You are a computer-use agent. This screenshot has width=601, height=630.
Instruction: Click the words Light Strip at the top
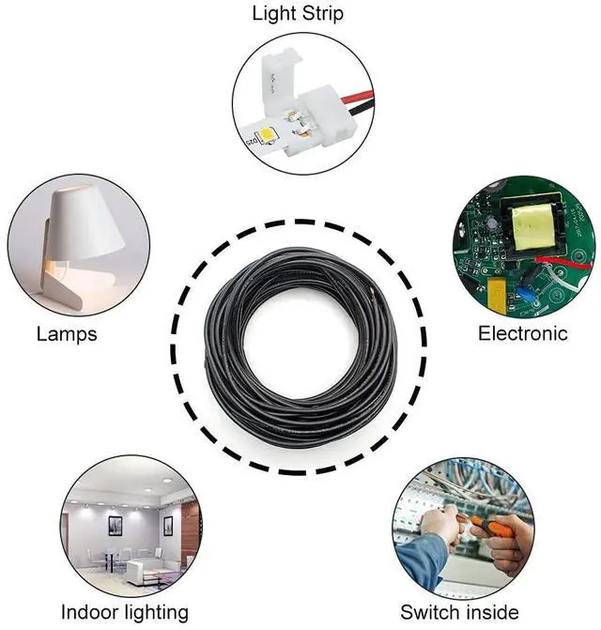click(x=298, y=14)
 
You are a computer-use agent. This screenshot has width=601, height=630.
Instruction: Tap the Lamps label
click(x=66, y=333)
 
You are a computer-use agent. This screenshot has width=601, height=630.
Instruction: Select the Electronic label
click(x=523, y=333)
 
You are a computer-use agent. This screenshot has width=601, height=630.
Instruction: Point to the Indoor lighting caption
click(x=125, y=612)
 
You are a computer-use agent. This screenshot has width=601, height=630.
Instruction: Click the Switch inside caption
click(x=459, y=612)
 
